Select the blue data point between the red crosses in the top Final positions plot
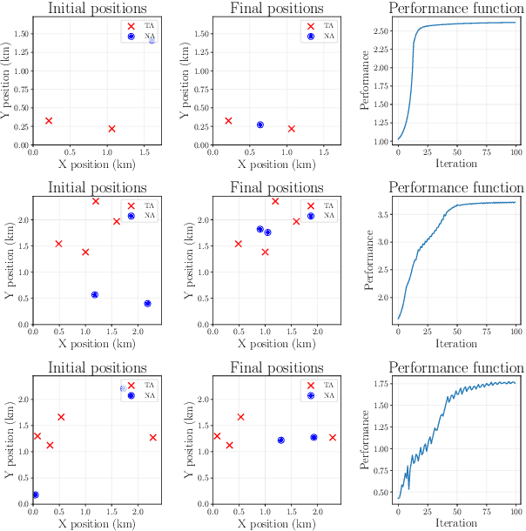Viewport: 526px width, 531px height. pos(260,124)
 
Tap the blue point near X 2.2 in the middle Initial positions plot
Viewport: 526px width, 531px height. pos(147,304)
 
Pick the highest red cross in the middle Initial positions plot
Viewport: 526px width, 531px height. pos(96,201)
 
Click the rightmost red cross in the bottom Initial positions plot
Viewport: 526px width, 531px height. pos(152,437)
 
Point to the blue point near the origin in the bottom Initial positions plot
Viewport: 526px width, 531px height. pos(36,494)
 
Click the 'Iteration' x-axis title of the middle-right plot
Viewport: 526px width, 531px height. pos(456,344)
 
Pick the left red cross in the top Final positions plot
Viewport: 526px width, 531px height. pos(228,121)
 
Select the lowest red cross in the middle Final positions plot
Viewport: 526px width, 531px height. pos(265,252)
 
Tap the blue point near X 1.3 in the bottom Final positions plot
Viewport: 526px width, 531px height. pos(281,440)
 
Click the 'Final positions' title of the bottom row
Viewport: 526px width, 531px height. pos(276,368)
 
